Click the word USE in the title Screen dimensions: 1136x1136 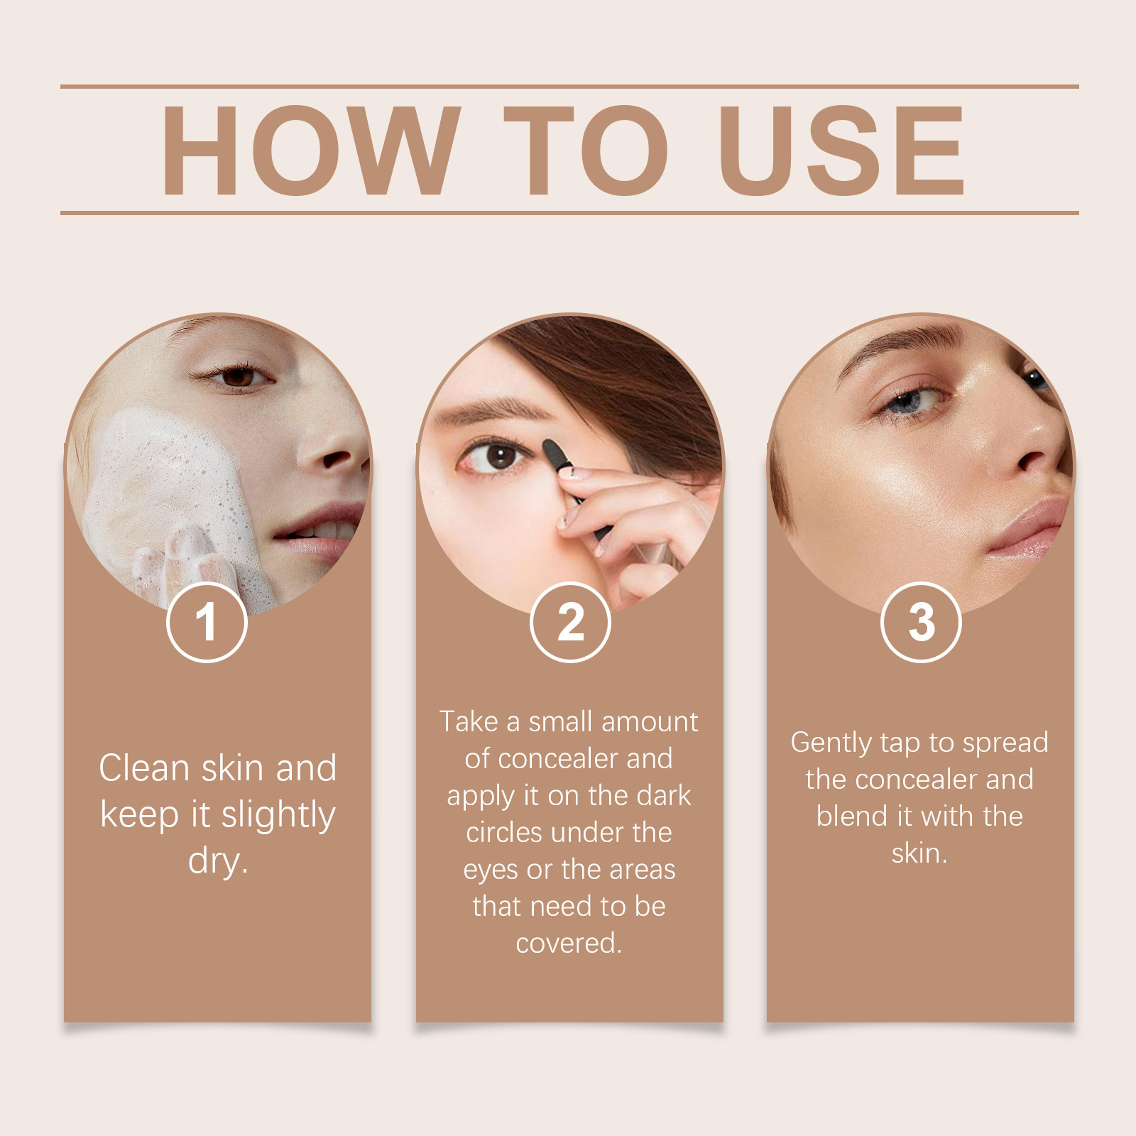(842, 150)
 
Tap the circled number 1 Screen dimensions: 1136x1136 (207, 622)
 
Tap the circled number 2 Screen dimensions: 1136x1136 (570, 622)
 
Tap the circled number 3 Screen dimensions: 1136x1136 (921, 622)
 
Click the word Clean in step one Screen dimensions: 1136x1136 (144, 768)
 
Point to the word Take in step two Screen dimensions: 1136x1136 (469, 722)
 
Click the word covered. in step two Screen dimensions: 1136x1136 (569, 944)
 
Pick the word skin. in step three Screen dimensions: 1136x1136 (919, 853)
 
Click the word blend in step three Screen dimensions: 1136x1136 (851, 816)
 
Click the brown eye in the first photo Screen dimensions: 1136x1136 (237, 377)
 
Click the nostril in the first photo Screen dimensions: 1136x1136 (334, 459)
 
